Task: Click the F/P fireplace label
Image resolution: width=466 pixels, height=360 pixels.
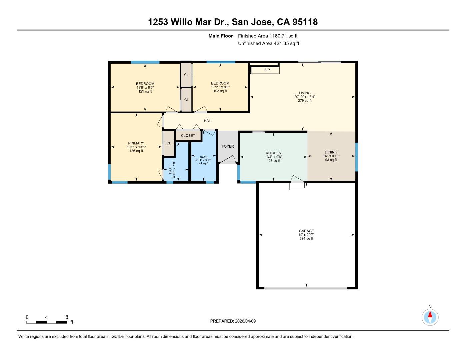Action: [x=267, y=70]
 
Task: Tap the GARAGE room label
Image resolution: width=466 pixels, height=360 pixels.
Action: [x=306, y=231]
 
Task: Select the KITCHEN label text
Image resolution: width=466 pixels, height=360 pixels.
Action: [x=273, y=153]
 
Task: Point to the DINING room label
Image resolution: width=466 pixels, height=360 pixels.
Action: [x=331, y=152]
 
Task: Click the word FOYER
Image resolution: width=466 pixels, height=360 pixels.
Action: [x=228, y=146]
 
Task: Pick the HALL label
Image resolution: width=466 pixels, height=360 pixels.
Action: [x=208, y=121]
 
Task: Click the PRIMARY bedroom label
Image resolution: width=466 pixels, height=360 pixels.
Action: [x=136, y=143]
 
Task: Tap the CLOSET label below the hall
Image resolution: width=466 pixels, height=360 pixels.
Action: [x=188, y=136]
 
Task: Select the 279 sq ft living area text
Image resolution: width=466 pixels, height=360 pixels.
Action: [x=304, y=101]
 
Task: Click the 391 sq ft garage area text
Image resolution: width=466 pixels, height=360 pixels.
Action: [x=306, y=239]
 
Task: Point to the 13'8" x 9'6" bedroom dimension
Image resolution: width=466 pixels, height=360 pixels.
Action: [x=145, y=88]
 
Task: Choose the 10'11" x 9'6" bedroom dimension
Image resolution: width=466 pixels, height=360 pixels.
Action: [x=220, y=87]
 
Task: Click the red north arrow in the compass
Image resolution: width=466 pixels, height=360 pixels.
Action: [x=430, y=314]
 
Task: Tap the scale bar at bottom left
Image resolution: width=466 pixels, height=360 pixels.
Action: [x=47, y=322]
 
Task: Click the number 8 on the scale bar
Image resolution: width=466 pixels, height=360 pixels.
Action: [x=67, y=317]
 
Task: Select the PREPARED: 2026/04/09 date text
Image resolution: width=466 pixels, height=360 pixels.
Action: [x=233, y=321]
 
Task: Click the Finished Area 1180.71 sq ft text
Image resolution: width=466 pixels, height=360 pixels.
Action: [x=268, y=36]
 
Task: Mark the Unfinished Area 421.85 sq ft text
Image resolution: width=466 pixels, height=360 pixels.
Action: [x=268, y=43]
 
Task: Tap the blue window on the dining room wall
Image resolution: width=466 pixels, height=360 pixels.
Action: [x=356, y=157]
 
